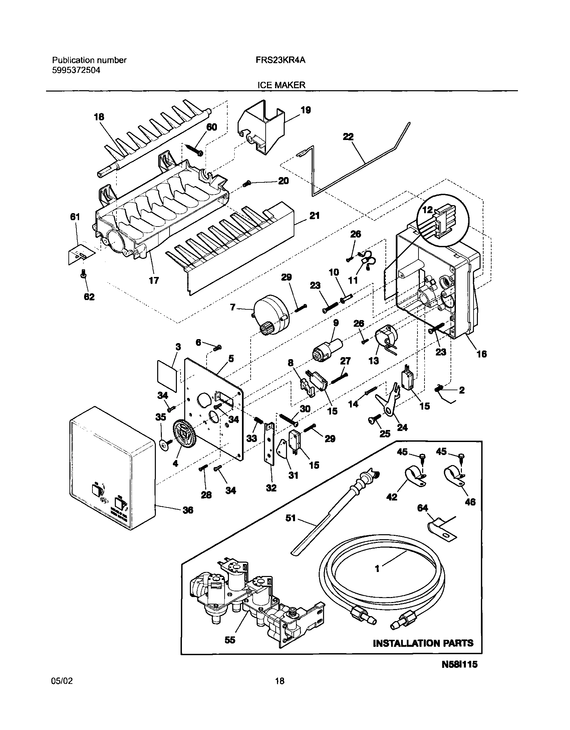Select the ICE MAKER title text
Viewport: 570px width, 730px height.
(x=281, y=85)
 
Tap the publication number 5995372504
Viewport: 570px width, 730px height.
(x=76, y=70)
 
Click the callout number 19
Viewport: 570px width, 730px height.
(x=306, y=110)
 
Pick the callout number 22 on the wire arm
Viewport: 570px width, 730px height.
(x=348, y=136)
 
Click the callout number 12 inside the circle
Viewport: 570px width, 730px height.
(x=427, y=210)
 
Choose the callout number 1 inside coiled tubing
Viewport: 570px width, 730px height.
(x=377, y=569)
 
